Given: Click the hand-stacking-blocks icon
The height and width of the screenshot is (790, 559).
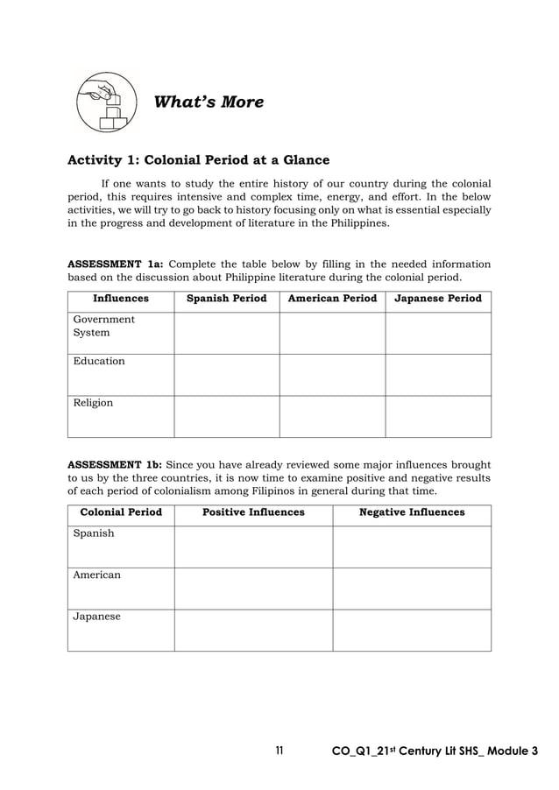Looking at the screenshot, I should [106, 102].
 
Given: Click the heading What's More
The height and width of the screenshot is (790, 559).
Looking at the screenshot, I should [209, 102].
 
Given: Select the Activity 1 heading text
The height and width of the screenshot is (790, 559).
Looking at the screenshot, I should [199, 160].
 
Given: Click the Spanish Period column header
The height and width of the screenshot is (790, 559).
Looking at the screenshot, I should [226, 299].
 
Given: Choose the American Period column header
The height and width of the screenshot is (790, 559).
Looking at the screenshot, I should [332, 299].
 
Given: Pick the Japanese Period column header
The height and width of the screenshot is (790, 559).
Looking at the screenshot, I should [438, 299].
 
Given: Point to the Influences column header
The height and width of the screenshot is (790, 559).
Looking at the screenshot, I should [121, 299].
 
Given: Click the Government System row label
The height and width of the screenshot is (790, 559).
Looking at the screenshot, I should [103, 326].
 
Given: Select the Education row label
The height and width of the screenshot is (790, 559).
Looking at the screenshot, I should [99, 361].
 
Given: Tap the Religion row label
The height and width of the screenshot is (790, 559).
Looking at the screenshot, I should [93, 403].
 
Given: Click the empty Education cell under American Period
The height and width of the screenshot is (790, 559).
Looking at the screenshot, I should [332, 375].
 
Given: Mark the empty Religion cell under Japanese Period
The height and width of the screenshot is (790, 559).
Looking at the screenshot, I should [438, 417].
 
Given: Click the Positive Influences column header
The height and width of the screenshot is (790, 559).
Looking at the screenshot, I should [253, 512].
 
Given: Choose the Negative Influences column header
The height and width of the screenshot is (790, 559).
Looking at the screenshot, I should [412, 512].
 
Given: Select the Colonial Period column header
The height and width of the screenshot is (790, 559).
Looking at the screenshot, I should [121, 512].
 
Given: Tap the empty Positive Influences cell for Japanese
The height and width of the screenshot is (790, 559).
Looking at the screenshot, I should [253, 630].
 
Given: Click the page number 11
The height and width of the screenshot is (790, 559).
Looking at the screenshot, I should [279, 751].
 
